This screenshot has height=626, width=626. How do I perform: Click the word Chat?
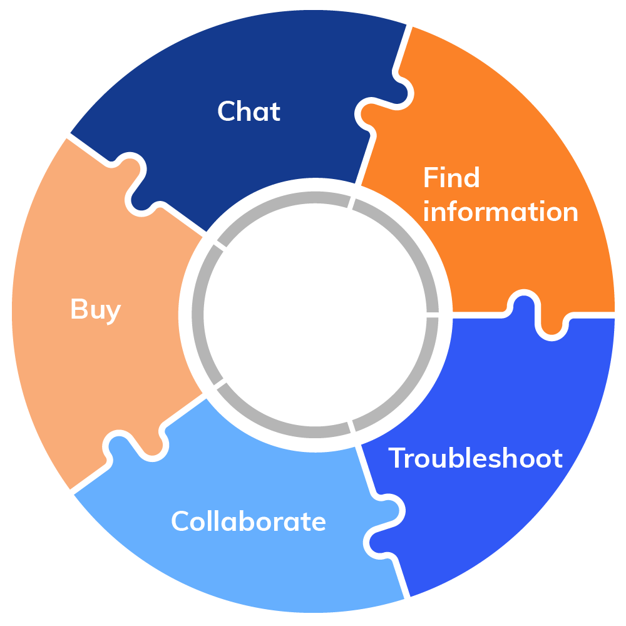pos(249,111)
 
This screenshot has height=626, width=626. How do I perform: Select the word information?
pos(500,212)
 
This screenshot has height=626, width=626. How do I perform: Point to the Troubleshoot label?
pos(476,459)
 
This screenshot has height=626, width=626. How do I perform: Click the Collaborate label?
pos(249,521)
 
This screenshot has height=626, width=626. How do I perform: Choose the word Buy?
pos(95,310)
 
